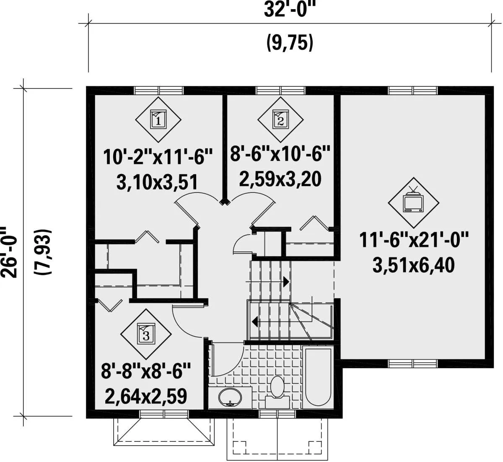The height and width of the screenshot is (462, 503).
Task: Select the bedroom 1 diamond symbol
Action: tap(158, 119)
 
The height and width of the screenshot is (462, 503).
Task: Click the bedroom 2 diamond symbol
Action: tap(280, 119)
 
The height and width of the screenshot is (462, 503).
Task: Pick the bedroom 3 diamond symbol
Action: tap(146, 334)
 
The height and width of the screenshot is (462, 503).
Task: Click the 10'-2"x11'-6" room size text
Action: tap(158, 157)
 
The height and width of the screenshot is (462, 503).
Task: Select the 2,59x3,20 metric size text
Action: tap(280, 179)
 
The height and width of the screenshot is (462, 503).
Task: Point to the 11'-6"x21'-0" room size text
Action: tap(414, 240)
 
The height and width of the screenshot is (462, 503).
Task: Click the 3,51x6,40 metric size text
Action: tap(414, 265)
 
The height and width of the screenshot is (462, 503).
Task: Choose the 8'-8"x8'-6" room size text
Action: tap(146, 371)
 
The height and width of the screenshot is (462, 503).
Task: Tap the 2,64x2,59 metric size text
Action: tap(146, 396)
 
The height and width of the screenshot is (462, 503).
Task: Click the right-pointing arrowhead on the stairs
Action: tap(286, 282)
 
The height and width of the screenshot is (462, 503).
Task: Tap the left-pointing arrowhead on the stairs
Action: tap(255, 322)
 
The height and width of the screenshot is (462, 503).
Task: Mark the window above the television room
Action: tap(412, 90)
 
